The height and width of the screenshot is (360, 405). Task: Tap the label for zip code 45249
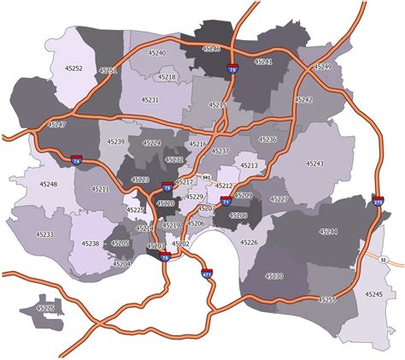point(322,66)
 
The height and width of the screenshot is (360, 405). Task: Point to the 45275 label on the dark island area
point(45,308)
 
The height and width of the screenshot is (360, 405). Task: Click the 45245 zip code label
point(373,293)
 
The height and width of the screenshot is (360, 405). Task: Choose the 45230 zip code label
point(274,276)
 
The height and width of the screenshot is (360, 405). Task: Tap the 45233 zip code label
point(44,234)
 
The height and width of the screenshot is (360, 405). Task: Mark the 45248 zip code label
point(48,184)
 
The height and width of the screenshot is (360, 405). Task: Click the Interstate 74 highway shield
point(77,160)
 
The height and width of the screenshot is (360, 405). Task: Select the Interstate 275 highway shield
point(379,202)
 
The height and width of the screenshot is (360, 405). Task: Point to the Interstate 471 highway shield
point(206,274)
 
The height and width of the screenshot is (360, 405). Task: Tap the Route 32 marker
point(383,259)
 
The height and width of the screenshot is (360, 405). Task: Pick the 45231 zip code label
point(150,100)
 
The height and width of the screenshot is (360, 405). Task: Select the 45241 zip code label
point(264,62)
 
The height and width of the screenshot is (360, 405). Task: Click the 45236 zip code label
point(267,139)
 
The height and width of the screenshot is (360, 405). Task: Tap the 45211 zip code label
point(100,189)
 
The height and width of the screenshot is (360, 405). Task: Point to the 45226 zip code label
point(249,243)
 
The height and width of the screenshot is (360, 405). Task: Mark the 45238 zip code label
point(91,245)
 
